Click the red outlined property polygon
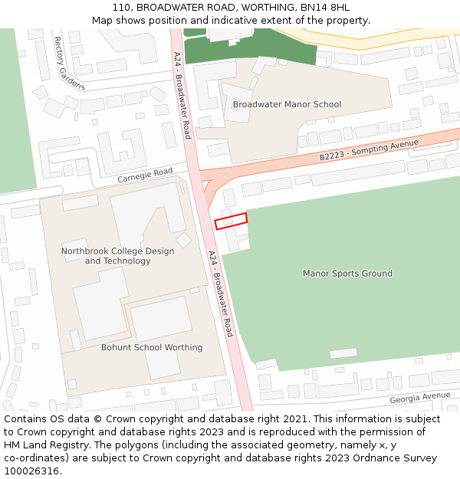(x=231, y=221)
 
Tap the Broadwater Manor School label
(x=287, y=104)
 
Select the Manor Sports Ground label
(x=347, y=274)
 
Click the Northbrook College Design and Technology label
(x=117, y=256)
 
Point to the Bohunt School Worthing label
(x=152, y=347)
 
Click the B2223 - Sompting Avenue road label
(x=369, y=149)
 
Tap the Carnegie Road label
(x=146, y=176)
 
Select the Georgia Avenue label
(x=419, y=397)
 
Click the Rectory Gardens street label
(x=68, y=64)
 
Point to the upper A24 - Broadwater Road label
(x=182, y=95)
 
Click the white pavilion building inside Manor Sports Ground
(x=343, y=353)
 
